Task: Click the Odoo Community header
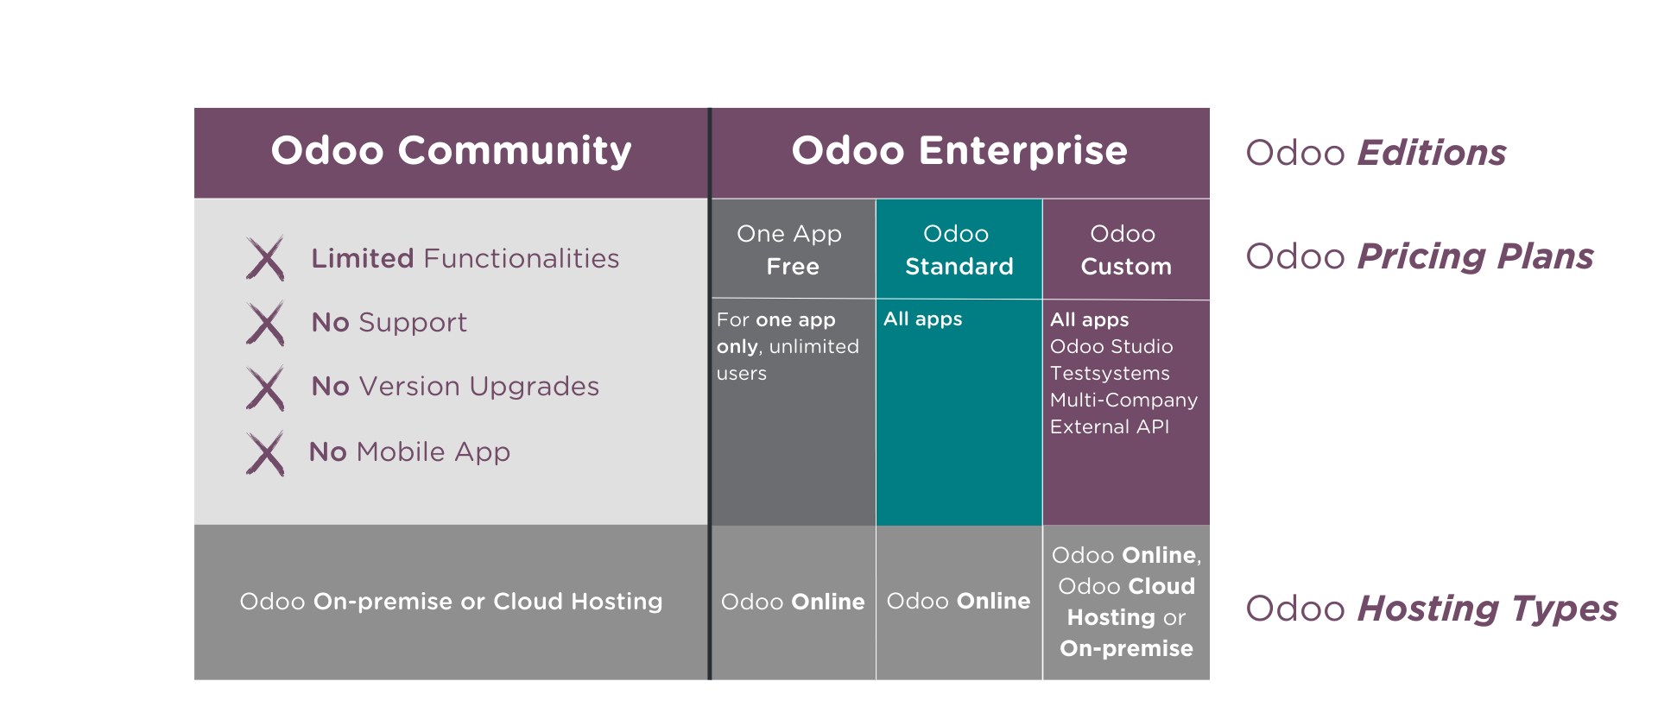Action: point(451,151)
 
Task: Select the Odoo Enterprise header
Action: point(959,151)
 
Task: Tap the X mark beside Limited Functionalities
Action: point(265,258)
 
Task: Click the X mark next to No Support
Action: point(265,324)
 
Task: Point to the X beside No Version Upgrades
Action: point(265,388)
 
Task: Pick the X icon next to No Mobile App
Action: point(265,453)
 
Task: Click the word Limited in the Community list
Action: point(363,258)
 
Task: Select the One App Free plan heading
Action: point(791,249)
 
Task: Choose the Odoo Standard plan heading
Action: point(959,249)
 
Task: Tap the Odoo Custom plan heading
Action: point(1125,249)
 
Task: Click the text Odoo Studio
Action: point(1111,346)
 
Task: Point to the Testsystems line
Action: point(1110,373)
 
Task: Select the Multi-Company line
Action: point(1123,400)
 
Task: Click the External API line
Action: point(1109,426)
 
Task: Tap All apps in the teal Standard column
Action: point(922,319)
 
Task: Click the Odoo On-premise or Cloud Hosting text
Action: point(451,602)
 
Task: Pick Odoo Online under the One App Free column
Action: point(792,602)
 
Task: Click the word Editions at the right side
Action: point(1432,153)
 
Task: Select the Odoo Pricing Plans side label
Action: point(1419,256)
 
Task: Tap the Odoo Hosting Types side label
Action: point(1431,609)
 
